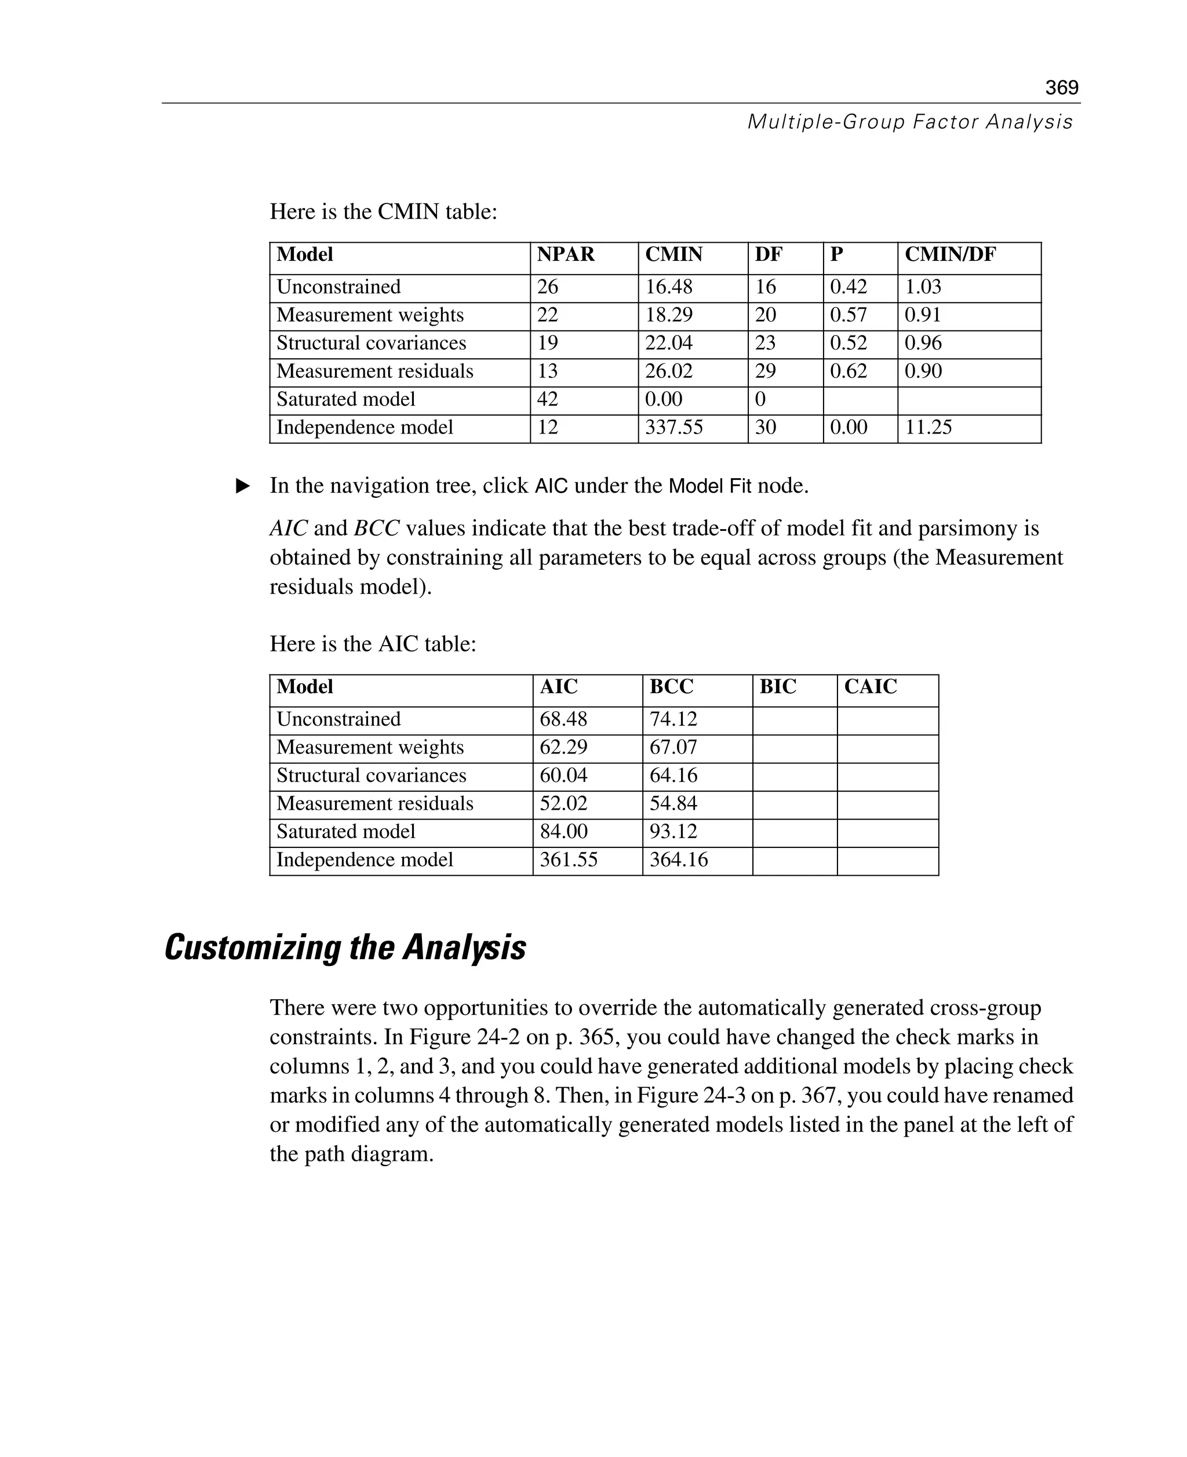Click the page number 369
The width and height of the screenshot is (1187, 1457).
tap(1061, 88)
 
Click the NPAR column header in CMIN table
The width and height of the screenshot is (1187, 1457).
tap(566, 254)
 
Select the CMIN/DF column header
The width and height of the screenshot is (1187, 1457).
tap(950, 254)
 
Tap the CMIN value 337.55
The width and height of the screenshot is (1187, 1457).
tap(673, 427)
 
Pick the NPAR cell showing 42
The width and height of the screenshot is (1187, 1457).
tap(548, 399)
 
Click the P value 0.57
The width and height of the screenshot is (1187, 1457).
tap(848, 315)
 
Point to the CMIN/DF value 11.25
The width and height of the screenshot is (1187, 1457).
tap(928, 427)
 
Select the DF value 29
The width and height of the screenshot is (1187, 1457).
tap(765, 371)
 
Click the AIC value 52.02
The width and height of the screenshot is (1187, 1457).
tap(563, 803)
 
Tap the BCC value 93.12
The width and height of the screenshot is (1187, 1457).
tap(673, 832)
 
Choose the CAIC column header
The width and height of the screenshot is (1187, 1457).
tap(870, 686)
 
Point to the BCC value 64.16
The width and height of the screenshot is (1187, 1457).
tap(673, 775)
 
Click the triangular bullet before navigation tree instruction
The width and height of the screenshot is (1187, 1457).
tap(243, 486)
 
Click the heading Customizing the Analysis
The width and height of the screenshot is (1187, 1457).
tap(345, 948)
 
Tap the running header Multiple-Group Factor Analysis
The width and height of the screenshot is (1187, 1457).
tap(909, 122)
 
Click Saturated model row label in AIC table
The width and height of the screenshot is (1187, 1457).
tap(345, 832)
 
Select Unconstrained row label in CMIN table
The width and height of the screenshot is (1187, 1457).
tap(338, 287)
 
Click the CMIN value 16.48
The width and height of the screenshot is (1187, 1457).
tap(668, 287)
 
